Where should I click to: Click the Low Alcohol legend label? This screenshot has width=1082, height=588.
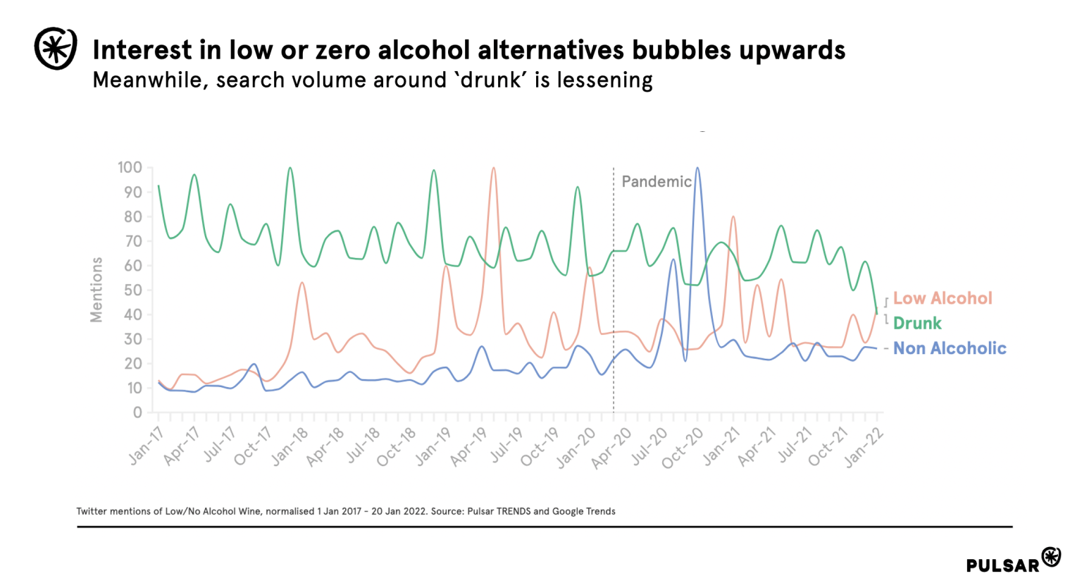click(x=942, y=298)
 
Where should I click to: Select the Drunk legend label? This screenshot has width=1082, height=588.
click(x=917, y=324)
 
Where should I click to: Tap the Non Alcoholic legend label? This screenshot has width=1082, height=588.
click(x=950, y=348)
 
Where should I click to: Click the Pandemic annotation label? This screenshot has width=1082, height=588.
click(x=656, y=182)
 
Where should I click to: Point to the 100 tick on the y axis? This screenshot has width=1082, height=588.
click(x=130, y=168)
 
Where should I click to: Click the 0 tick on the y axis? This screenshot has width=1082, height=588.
click(x=137, y=412)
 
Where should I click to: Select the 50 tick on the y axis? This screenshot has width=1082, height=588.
click(x=133, y=290)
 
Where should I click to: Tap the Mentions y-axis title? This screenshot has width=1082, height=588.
click(x=97, y=290)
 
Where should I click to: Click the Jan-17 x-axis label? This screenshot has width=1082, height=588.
click(x=147, y=446)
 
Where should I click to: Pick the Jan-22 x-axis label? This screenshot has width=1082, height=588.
click(x=864, y=447)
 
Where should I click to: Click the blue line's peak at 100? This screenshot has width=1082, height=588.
click(x=697, y=168)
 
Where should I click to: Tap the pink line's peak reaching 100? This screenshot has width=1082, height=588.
click(x=493, y=168)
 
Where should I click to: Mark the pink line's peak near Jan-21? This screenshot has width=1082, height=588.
click(x=733, y=216)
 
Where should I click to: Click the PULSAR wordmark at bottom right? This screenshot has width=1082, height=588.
click(x=1002, y=565)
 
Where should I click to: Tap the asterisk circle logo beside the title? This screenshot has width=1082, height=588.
click(x=56, y=48)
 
